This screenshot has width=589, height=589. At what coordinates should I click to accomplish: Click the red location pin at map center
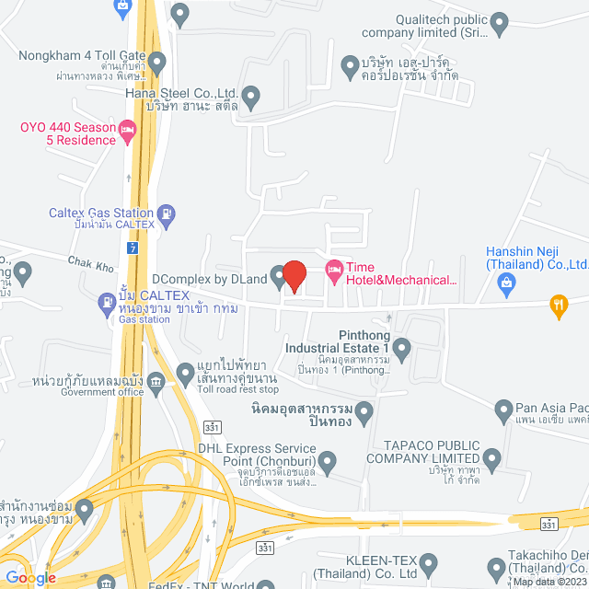coord(294,275)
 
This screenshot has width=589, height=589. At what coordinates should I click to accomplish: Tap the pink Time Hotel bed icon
coord(333,268)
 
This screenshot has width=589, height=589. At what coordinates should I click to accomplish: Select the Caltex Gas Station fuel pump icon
coord(166,217)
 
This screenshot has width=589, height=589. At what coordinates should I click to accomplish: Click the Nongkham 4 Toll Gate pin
coord(156,64)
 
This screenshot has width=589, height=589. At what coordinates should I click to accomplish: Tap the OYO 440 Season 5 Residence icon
coord(128,135)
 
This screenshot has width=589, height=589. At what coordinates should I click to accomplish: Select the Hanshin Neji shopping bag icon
coord(505,285)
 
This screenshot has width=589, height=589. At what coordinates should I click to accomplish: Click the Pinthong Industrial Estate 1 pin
coord(401,349)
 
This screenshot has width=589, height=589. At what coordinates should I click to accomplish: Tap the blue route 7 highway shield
coord(134,248)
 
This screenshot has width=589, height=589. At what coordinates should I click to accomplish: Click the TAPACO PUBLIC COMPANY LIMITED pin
coord(492,458)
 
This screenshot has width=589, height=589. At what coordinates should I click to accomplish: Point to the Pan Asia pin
coord(503,409)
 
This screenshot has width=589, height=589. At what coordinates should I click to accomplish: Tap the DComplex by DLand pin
coord(278,275)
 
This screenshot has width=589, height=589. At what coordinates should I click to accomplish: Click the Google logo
coord(30,577)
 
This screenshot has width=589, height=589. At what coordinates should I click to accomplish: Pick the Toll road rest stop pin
coord(183,372)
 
